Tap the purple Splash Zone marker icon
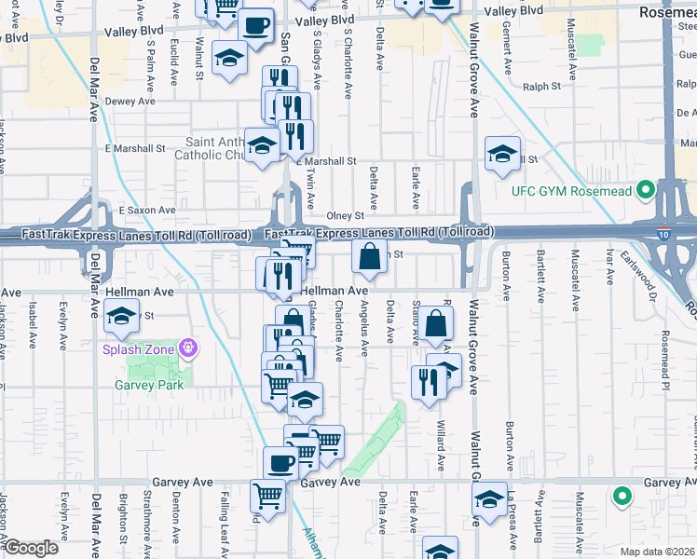pos(189,348)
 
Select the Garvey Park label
pos(146,385)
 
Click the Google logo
pos(31,548)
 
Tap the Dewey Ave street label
pos(130,101)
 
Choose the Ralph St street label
pos(541,87)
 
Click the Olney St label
pos(345,215)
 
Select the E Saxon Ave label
pos(147,211)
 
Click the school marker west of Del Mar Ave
pos(121,316)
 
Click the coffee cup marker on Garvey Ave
pos(281,462)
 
